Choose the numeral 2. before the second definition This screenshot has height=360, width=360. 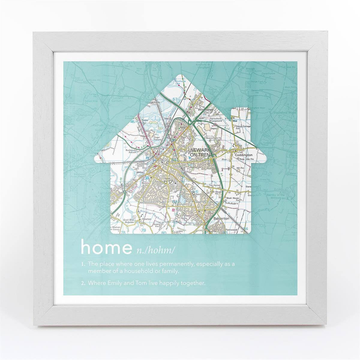point(83,283)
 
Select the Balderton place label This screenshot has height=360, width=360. point(221,219)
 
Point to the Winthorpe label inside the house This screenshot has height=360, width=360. point(205,110)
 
